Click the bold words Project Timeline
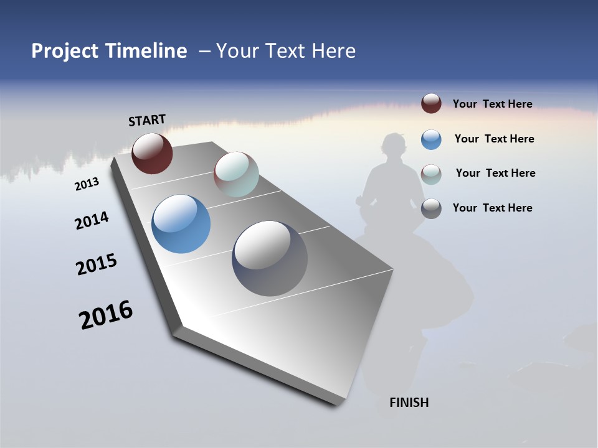(109, 51)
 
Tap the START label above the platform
(147, 120)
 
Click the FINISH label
(409, 403)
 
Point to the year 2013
(87, 184)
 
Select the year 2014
(92, 220)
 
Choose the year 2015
(97, 264)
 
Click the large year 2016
(106, 315)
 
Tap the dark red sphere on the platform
(152, 153)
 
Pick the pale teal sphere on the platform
(236, 174)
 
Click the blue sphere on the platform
(181, 224)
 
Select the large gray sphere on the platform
(270, 258)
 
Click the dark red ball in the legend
(431, 103)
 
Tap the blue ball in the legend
(431, 139)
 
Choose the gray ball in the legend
(431, 208)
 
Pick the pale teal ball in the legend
(431, 174)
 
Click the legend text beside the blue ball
(494, 139)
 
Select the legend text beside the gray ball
(492, 208)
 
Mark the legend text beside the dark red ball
(492, 104)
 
